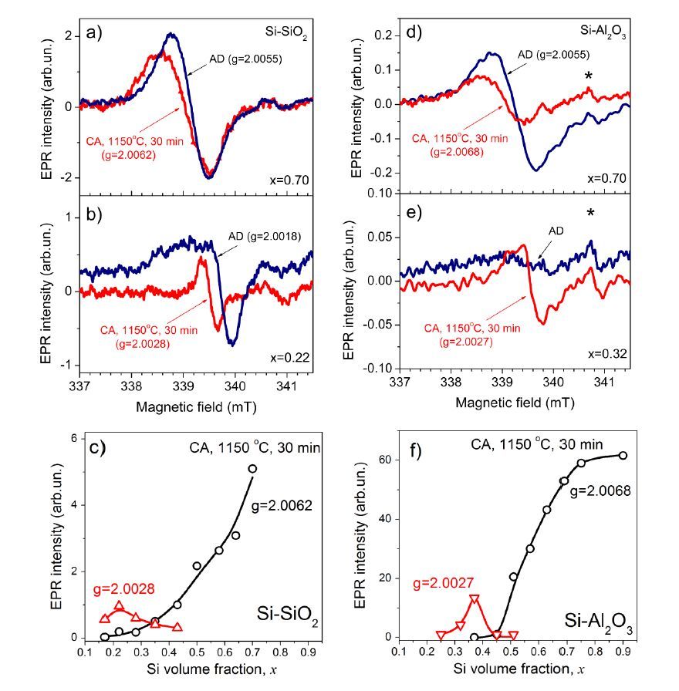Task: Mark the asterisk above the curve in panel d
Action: tap(589, 76)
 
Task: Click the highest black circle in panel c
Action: tap(252, 468)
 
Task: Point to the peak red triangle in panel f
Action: tap(475, 598)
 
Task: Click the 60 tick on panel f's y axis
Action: tap(384, 460)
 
